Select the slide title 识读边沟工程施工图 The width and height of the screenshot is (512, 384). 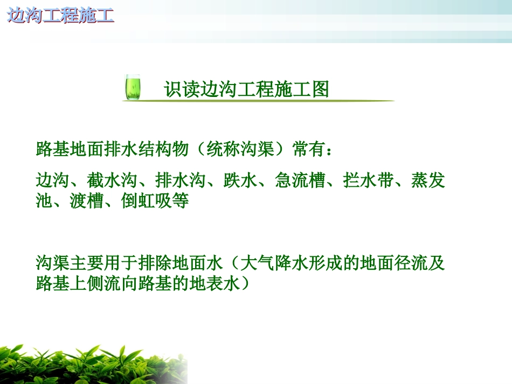tap(246, 89)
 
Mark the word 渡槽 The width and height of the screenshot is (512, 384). tap(87, 201)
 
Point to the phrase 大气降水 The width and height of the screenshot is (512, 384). tap(274, 264)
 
